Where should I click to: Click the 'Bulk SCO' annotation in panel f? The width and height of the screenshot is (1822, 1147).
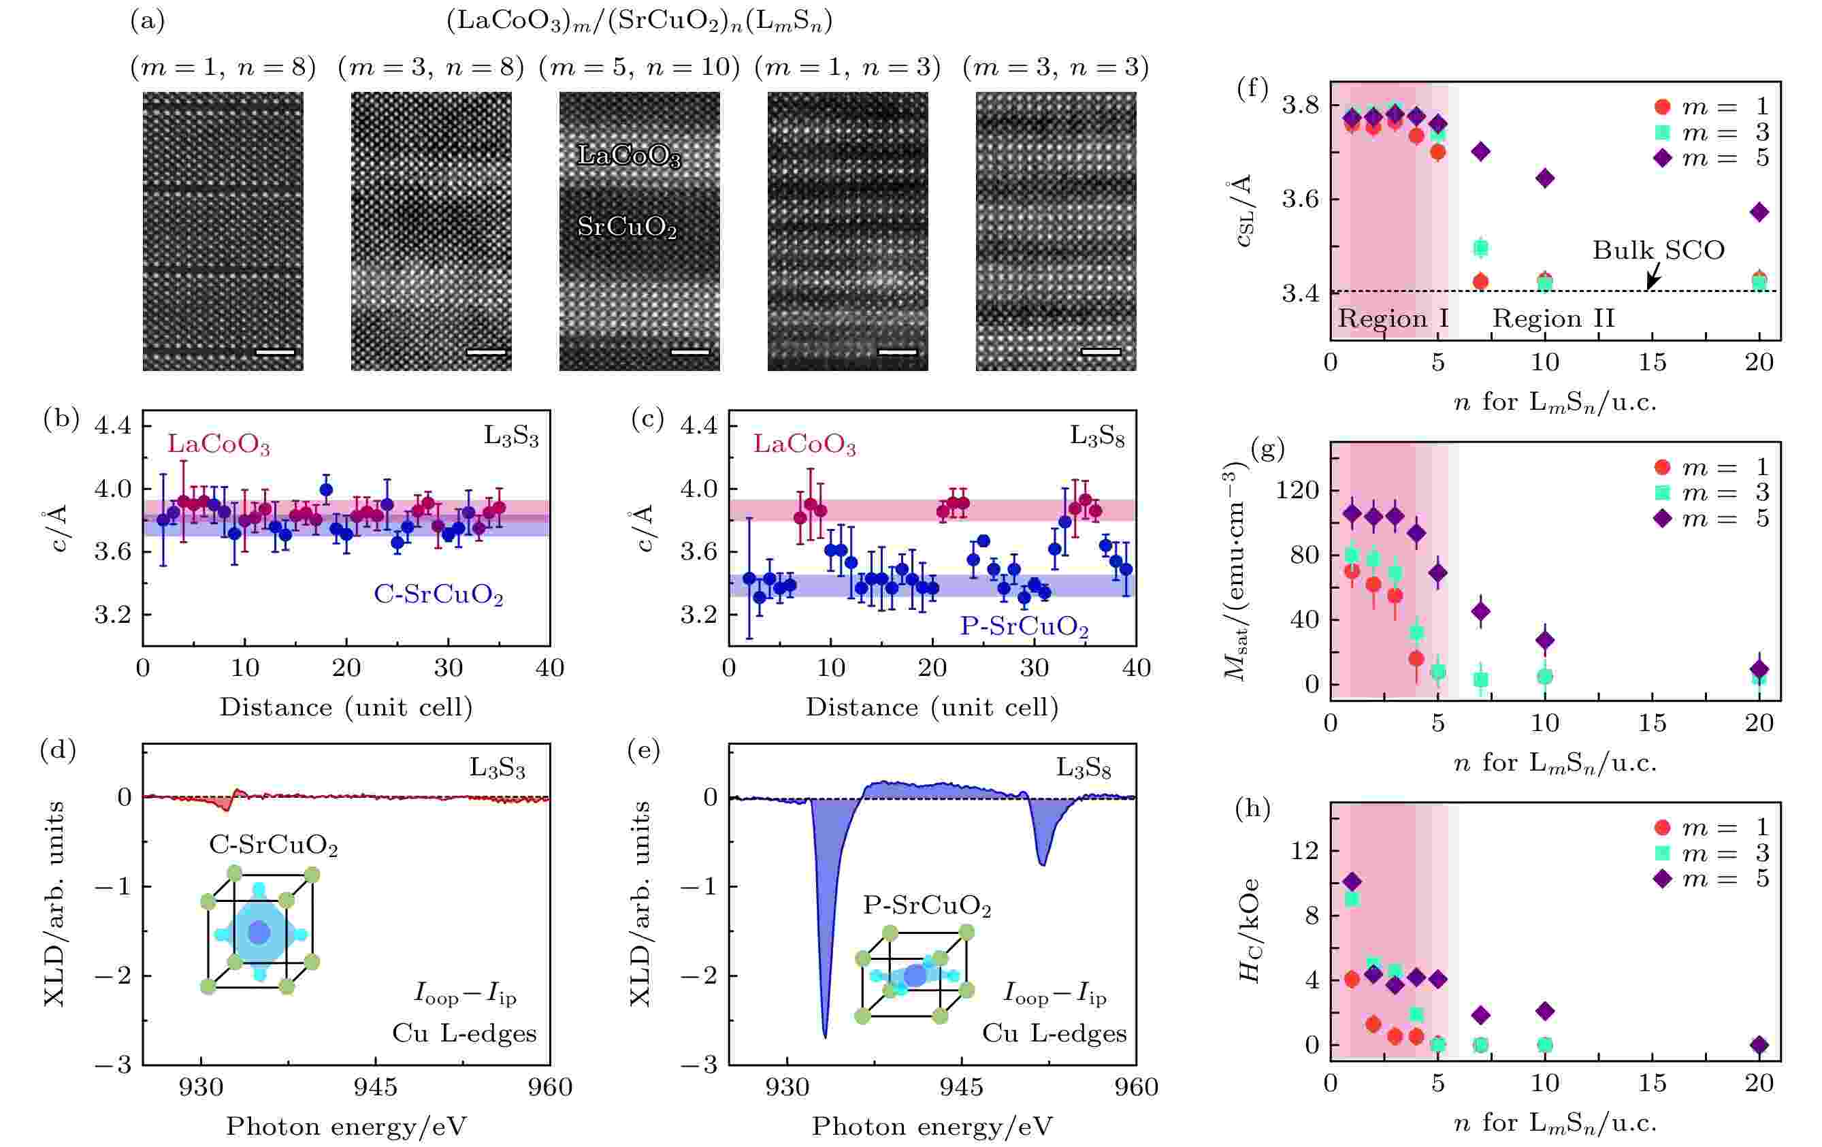pyautogui.click(x=1658, y=251)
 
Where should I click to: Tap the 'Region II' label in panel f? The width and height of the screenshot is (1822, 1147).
pyautogui.click(x=1553, y=319)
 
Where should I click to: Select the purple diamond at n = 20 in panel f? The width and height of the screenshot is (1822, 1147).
pyautogui.click(x=1759, y=212)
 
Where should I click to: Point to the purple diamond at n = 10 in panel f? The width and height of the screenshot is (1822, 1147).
pyautogui.click(x=1545, y=178)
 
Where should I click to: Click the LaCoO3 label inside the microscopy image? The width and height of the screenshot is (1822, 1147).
pyautogui.click(x=629, y=156)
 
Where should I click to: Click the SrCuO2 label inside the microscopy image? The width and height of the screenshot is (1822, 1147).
pyautogui.click(x=626, y=226)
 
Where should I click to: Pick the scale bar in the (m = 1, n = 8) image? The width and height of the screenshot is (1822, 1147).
pyautogui.click(x=276, y=352)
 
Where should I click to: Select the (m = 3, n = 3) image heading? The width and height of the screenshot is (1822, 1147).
pyautogui.click(x=1055, y=68)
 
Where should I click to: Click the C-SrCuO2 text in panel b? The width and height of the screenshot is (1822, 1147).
pyautogui.click(x=438, y=595)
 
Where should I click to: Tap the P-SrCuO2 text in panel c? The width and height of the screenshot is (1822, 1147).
pyautogui.click(x=1024, y=626)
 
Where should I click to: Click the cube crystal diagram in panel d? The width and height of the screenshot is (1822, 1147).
pyautogui.click(x=259, y=931)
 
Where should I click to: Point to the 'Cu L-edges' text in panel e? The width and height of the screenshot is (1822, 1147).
pyautogui.click(x=1054, y=1033)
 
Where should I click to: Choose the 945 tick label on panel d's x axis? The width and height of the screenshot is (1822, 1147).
pyautogui.click(x=375, y=1087)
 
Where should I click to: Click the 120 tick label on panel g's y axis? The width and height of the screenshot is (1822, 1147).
pyautogui.click(x=1297, y=490)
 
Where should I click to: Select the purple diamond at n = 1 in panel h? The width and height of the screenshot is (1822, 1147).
pyautogui.click(x=1352, y=882)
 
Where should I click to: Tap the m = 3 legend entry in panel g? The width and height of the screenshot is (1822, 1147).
pyautogui.click(x=1714, y=493)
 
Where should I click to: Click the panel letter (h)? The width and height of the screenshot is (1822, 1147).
pyautogui.click(x=1252, y=809)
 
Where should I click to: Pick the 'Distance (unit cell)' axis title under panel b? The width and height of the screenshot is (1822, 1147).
pyautogui.click(x=346, y=707)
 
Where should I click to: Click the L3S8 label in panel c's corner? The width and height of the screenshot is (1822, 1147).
pyautogui.click(x=1096, y=436)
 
